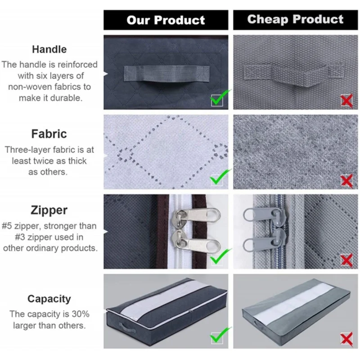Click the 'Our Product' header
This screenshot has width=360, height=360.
tap(166, 20)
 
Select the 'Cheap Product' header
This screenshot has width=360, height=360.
tap(295, 19)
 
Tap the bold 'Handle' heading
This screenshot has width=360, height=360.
tap(49, 49)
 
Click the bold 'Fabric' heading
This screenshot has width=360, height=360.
tap(49, 134)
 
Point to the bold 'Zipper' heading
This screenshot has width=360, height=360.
tap(49, 210)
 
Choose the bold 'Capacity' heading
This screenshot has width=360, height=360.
tap(49, 299)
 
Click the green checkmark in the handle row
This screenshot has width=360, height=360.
tap(220, 98)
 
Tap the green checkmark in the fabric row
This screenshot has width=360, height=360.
tap(220, 178)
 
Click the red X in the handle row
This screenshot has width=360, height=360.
tap(346, 101)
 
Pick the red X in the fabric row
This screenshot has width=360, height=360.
tap(346, 181)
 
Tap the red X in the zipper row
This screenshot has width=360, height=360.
tap(346, 260)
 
